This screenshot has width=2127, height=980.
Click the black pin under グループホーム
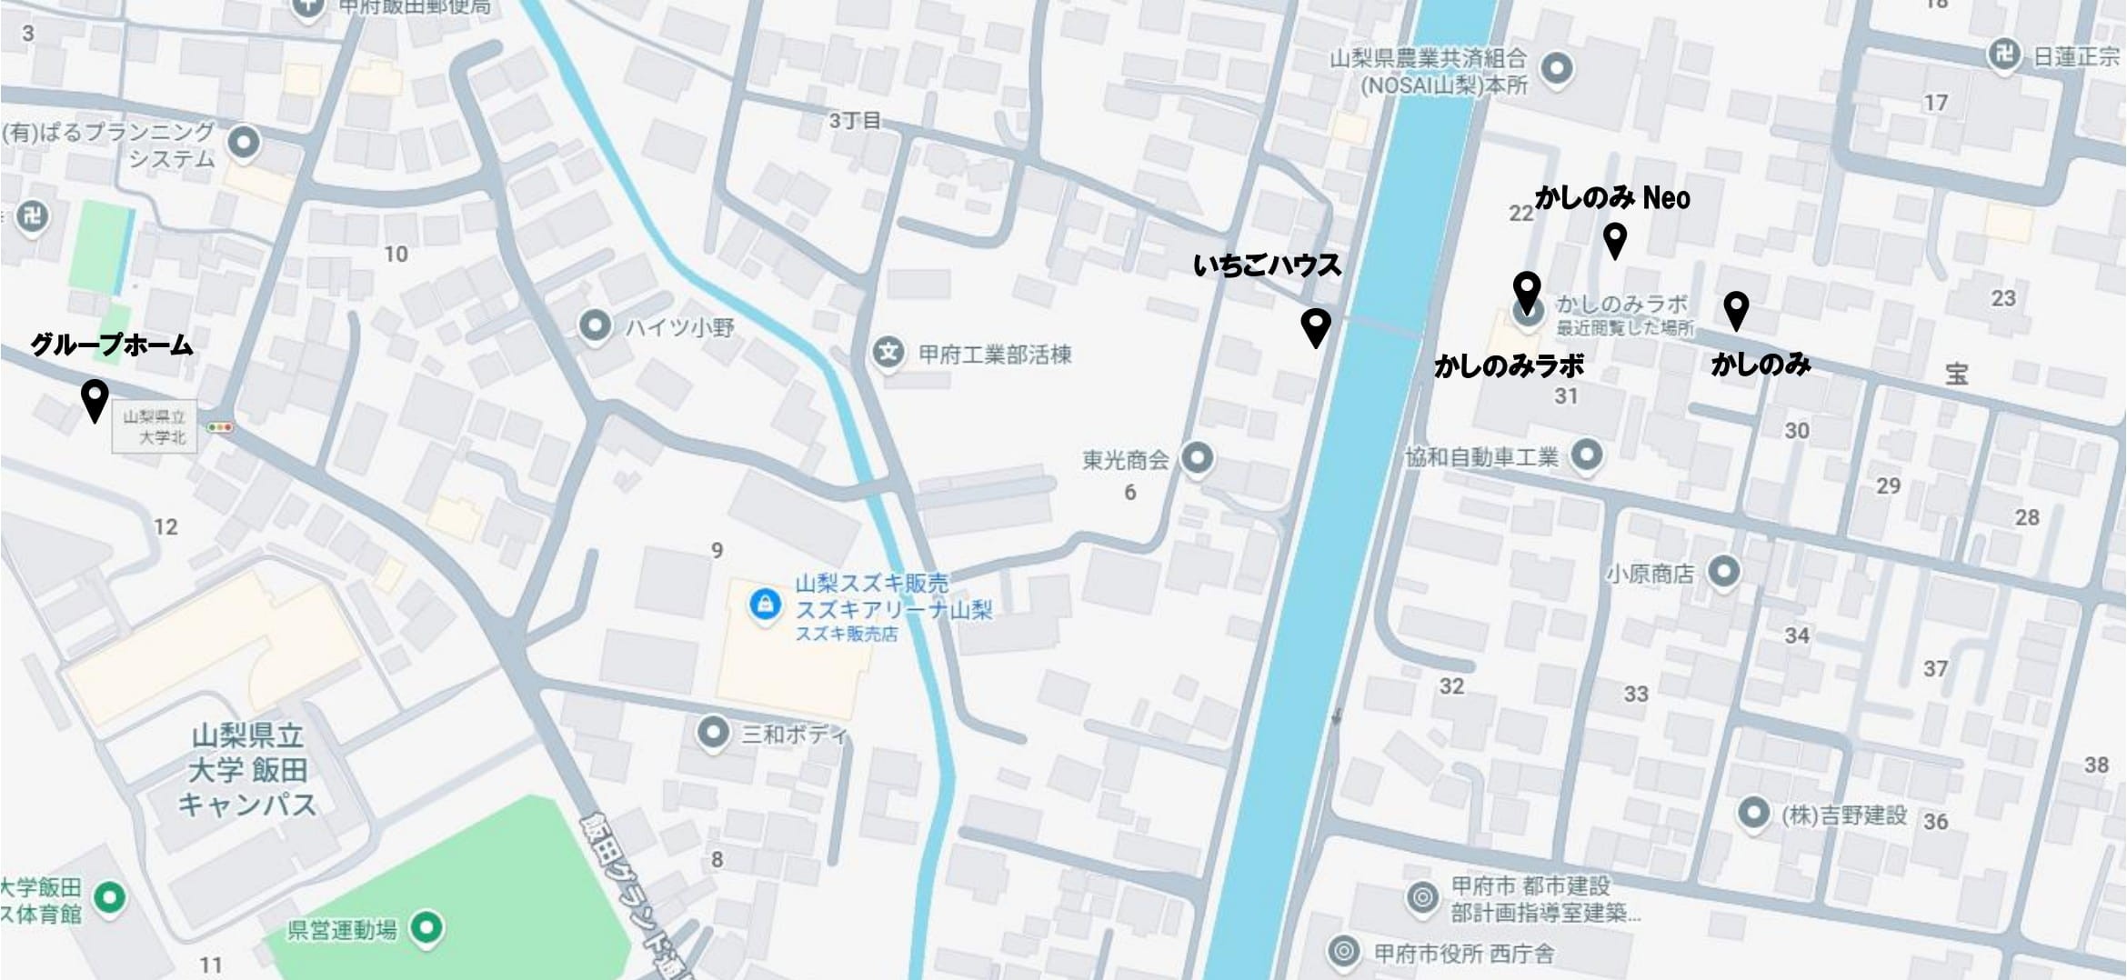[x=95, y=397]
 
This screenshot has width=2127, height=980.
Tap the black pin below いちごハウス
[x=1315, y=325]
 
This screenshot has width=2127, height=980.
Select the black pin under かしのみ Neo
[x=1614, y=239]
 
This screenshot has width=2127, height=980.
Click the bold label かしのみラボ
[x=1509, y=365]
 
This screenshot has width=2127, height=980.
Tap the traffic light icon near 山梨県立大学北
[x=219, y=426]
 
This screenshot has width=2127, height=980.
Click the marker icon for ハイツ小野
[x=595, y=325]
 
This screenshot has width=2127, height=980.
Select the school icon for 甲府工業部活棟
[x=888, y=352]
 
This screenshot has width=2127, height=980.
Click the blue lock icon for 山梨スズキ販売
[x=764, y=604]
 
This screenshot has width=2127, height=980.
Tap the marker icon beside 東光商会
[x=1197, y=456]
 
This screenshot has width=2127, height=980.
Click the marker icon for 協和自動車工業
[x=1587, y=454]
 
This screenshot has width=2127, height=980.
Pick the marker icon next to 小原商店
[x=1723, y=571]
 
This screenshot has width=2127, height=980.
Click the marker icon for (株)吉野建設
[x=1753, y=812]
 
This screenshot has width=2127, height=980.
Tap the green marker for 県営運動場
[x=426, y=927]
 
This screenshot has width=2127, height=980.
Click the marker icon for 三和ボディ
[x=712, y=732]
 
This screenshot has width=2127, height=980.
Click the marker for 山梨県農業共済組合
[x=1557, y=68]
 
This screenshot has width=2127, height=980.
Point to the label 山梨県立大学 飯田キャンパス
[x=247, y=770]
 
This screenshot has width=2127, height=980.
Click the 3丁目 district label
[x=854, y=121]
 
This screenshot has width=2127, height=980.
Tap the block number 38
[x=2096, y=765]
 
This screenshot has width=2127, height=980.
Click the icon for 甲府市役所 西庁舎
[x=1342, y=951]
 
